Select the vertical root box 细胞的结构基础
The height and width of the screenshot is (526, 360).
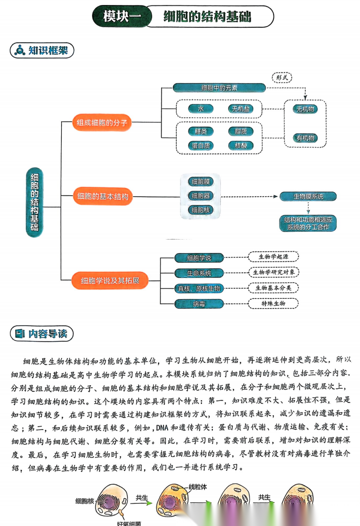34,201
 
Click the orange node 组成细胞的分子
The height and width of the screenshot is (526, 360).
102,122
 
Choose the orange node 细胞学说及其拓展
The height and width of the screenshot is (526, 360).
110,281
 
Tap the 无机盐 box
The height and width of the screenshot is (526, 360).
241,109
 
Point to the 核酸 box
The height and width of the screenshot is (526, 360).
241,146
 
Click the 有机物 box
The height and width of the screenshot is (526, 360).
305,138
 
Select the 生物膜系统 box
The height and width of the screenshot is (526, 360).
308,196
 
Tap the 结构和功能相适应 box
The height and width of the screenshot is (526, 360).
308,223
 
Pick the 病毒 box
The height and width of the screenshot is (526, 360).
199,304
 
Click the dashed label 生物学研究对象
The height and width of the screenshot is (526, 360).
274,272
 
